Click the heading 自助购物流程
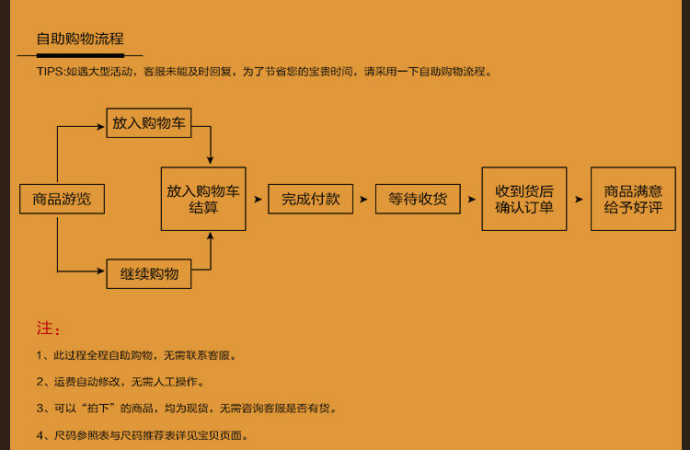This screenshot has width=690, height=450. [79, 39]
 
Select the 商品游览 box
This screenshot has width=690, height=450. [62, 199]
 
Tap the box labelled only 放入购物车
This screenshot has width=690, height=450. [149, 122]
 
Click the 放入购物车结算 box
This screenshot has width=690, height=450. [203, 199]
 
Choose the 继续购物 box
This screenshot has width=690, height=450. [149, 273]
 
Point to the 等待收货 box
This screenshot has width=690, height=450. [418, 199]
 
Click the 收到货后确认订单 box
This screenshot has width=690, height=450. [524, 199]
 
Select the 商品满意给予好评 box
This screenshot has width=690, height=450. [633, 199]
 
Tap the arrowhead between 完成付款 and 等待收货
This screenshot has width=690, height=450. [364, 199]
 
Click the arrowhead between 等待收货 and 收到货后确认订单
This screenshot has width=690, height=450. [471, 199]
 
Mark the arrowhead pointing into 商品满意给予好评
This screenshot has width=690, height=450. [579, 199]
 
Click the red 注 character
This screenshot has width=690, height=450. [44, 329]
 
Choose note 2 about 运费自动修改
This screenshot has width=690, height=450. [121, 381]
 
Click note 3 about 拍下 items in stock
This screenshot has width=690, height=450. [186, 408]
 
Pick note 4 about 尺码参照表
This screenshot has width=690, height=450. [143, 435]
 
